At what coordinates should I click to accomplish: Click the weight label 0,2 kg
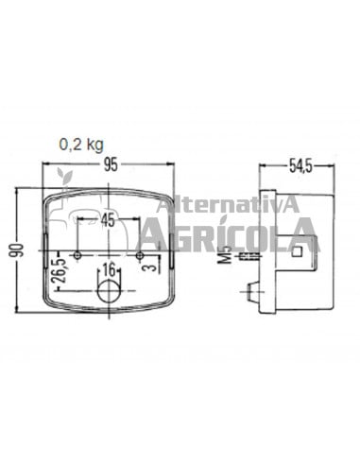[x=80, y=145]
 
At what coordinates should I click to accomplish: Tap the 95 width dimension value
[x=111, y=164]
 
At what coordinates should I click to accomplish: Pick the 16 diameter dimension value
[x=110, y=268]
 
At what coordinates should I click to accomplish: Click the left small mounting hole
[x=81, y=255]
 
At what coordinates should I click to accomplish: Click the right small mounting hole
[x=139, y=255]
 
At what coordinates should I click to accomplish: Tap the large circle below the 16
[x=110, y=295]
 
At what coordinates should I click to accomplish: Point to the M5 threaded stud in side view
[x=248, y=256]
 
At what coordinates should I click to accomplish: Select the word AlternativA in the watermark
[x=228, y=203]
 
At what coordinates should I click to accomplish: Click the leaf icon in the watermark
[x=64, y=177]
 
